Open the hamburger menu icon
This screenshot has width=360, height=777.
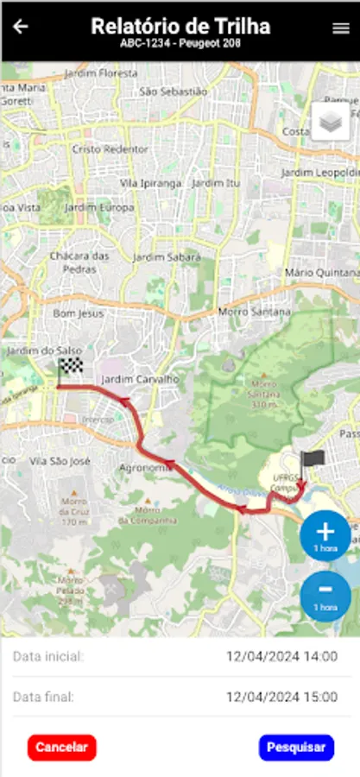[340, 28]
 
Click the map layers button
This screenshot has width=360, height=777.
[330, 122]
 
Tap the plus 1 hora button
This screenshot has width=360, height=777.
[325, 535]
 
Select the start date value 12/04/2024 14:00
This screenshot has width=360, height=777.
[281, 656]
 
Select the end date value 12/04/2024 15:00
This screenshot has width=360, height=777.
[281, 696]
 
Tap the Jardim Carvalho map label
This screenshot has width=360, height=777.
[140, 379]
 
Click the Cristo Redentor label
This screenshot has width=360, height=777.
[111, 148]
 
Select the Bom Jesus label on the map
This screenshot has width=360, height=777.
[78, 313]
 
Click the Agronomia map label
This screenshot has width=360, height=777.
[143, 468]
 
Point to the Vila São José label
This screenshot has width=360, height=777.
[60, 462]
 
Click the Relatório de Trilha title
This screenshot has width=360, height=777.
[180, 26]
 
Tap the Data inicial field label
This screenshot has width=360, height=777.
[48, 657]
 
